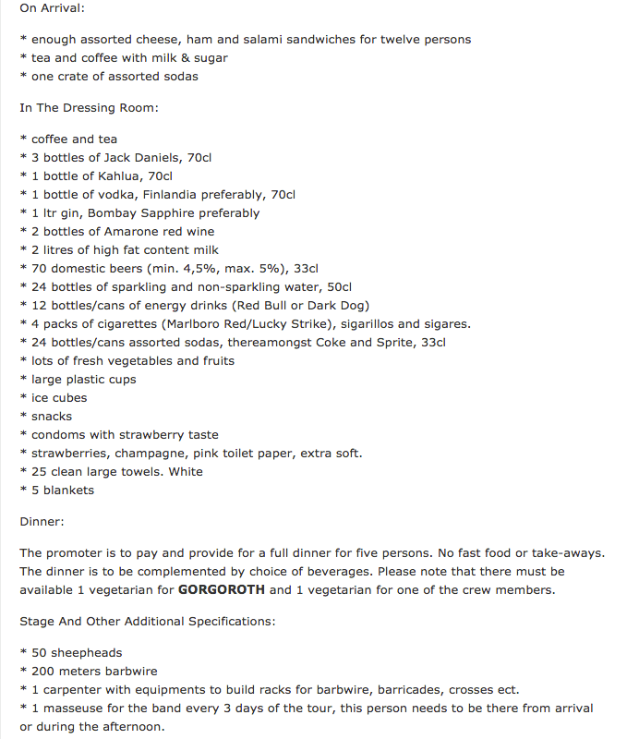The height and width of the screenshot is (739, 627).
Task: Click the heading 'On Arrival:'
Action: (52, 8)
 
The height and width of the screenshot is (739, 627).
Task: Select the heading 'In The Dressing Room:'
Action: (89, 108)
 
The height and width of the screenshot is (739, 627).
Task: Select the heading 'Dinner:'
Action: (42, 522)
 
